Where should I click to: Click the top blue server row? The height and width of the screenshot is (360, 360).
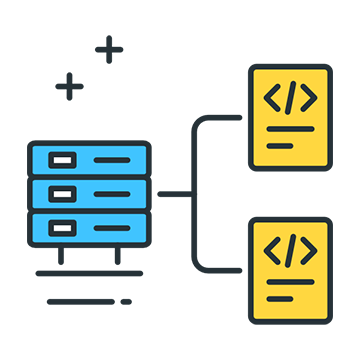(89, 159)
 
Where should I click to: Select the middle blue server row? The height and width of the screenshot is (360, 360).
(89, 192)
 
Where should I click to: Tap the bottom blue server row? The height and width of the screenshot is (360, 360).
(89, 225)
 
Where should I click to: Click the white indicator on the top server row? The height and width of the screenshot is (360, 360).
(62, 159)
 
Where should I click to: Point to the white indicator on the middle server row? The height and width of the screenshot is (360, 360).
(62, 192)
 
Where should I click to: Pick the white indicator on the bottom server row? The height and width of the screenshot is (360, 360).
(62, 225)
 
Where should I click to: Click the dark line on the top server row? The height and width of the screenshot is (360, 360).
(111, 159)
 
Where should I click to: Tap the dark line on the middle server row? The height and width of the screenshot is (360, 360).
(111, 192)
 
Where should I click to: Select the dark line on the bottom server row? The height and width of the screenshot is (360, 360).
(111, 225)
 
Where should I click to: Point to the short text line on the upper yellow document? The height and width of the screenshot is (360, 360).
(280, 145)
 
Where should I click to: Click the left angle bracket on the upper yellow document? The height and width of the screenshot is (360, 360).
(271, 98)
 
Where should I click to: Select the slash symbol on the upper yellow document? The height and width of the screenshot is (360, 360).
(290, 98)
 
